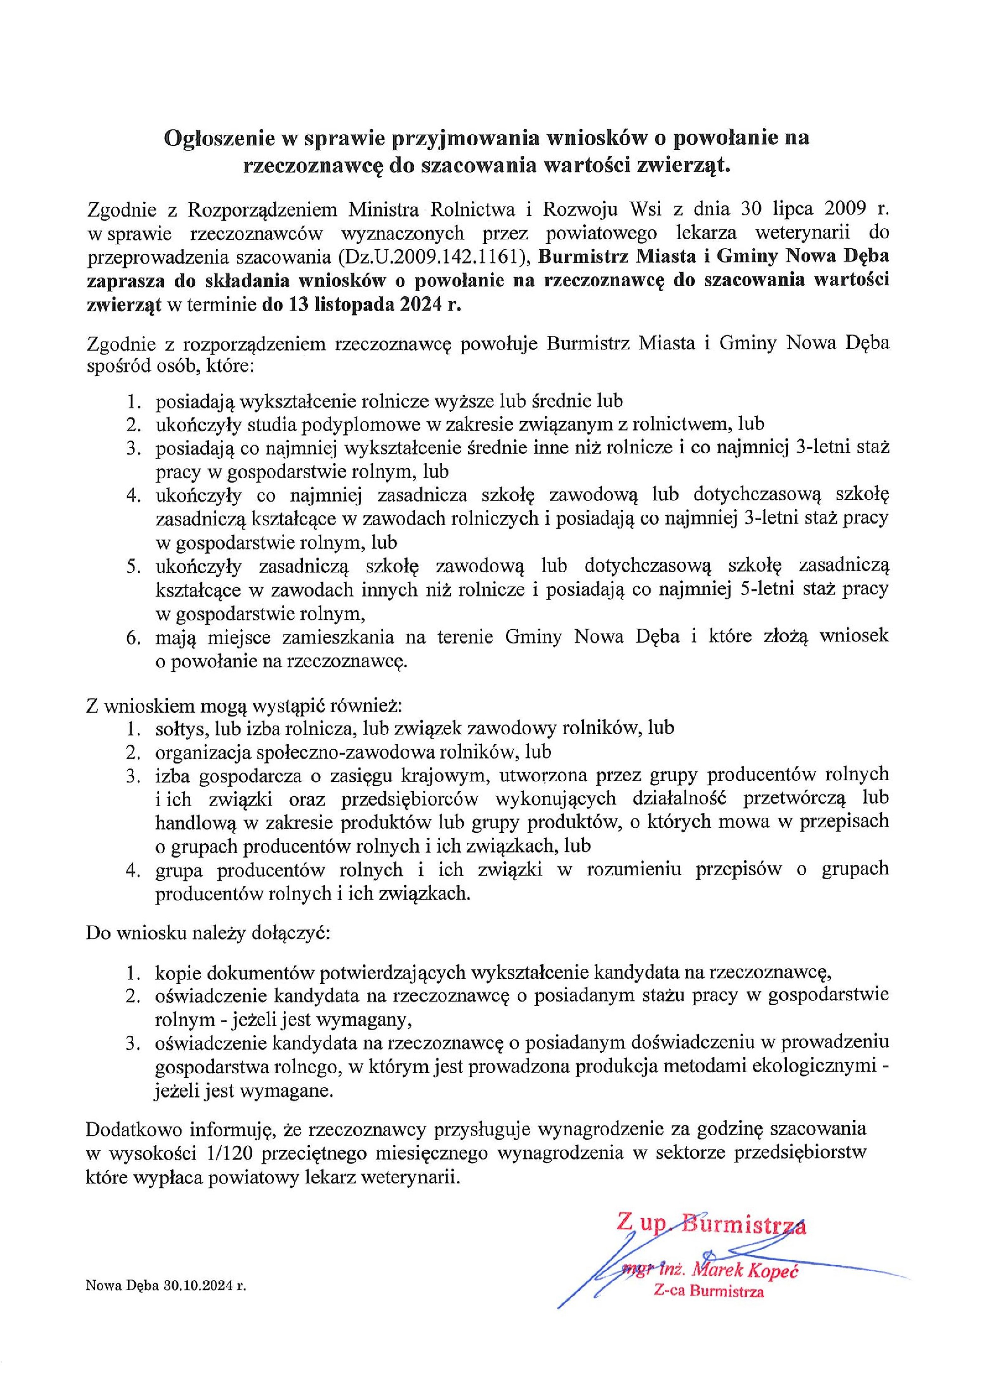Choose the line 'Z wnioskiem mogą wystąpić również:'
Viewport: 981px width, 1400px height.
(244, 707)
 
